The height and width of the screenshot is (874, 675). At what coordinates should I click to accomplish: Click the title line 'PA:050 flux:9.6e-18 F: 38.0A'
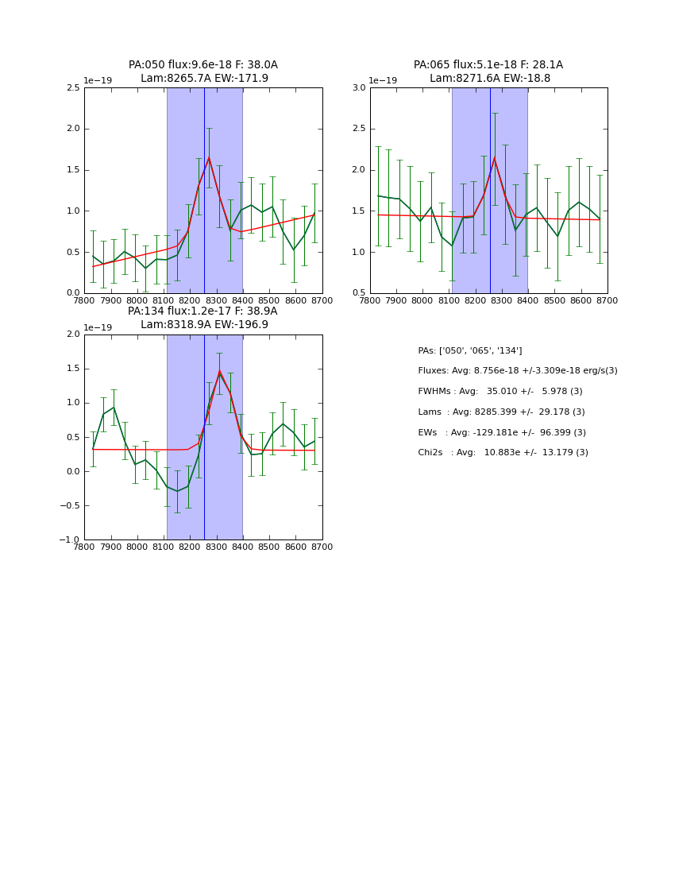(x=202, y=65)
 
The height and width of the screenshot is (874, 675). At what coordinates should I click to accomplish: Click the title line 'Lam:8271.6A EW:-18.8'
(x=489, y=79)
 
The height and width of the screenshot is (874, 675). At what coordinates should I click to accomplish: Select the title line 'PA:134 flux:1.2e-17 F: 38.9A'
(x=202, y=311)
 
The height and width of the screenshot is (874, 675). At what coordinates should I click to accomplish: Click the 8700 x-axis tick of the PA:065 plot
(x=607, y=300)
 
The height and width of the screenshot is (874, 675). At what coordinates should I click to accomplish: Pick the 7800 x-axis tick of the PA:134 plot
(x=85, y=547)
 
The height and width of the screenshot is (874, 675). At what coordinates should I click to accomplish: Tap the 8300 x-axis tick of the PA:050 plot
(x=216, y=300)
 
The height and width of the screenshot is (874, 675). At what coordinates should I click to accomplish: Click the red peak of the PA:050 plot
(x=209, y=157)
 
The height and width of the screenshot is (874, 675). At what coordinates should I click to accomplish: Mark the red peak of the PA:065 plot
(x=494, y=157)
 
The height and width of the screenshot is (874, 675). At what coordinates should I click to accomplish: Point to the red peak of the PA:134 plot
(x=220, y=371)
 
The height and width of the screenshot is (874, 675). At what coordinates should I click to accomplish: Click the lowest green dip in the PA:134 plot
(x=177, y=491)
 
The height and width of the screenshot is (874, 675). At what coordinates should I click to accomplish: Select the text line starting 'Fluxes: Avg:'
(x=517, y=371)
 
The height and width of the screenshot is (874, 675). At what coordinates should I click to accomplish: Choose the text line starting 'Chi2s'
(x=503, y=453)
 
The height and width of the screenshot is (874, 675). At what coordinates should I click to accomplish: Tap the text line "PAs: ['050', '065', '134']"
(x=469, y=351)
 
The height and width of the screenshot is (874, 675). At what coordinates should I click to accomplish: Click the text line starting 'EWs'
(x=501, y=432)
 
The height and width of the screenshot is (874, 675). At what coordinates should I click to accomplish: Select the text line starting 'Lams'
(x=501, y=412)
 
